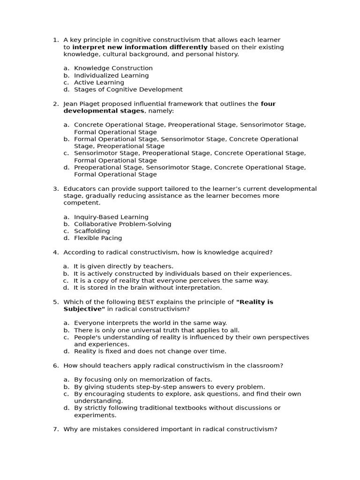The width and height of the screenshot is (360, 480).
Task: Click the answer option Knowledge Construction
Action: [113, 68]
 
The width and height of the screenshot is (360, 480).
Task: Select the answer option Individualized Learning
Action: [111, 75]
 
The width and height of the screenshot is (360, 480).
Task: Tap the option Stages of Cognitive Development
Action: [128, 90]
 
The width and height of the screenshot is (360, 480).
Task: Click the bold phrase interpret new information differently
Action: [140, 47]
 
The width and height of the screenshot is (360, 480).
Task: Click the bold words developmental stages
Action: [105, 111]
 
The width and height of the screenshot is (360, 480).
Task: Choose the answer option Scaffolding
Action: [92, 231]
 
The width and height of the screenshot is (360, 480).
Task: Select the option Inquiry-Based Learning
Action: [111, 217]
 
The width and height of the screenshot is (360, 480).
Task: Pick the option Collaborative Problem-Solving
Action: [122, 224]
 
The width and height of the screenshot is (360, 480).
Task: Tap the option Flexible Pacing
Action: [97, 238]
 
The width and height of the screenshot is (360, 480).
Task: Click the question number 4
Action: [55, 253]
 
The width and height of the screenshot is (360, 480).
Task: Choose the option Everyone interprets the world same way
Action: [150, 323]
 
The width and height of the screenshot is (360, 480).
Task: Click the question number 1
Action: [55, 40]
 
